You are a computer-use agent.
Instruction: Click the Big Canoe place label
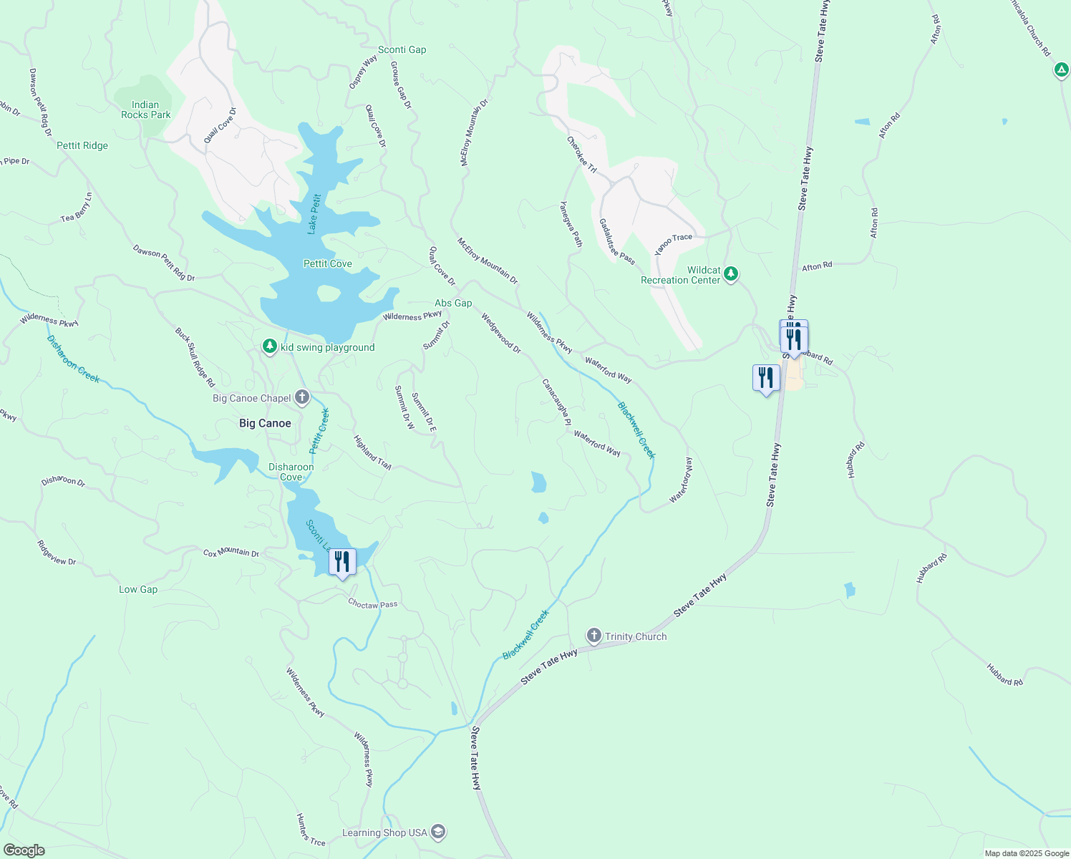coord(265,423)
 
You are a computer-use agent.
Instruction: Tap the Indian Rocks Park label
coord(145,110)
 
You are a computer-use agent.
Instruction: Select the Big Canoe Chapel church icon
coord(302,397)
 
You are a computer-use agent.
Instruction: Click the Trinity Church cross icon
coord(593,636)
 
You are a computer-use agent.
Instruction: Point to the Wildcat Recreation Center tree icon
coord(731,274)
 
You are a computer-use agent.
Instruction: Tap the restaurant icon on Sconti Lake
coord(342,561)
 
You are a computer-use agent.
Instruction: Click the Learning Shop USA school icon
coord(438,832)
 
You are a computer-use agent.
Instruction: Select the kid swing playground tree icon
coord(269,346)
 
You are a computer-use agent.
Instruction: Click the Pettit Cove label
coord(327,263)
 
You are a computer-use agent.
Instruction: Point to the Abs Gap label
coord(453,303)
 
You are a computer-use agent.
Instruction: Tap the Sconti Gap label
coord(402,49)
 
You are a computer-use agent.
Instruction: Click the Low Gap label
coord(138,589)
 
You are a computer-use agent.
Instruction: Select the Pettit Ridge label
coord(82,145)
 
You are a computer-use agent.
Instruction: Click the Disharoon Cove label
coord(291,472)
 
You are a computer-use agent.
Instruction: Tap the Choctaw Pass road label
coord(372,604)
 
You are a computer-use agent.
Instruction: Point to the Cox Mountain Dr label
coord(231,553)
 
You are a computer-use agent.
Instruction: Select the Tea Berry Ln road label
coord(77,208)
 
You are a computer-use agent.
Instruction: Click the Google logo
coord(24,850)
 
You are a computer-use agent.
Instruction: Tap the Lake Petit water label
coord(313,213)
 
